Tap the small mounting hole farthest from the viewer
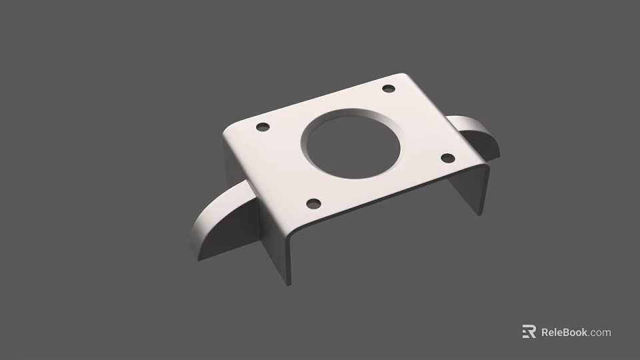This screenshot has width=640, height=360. (389, 89)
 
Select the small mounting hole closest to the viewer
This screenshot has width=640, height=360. (313, 203)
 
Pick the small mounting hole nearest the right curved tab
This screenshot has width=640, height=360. (448, 158)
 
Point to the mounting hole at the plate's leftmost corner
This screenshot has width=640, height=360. (263, 127)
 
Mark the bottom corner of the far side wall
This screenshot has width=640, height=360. (479, 214)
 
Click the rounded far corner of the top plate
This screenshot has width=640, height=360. (403, 75)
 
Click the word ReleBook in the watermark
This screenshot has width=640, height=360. (564, 332)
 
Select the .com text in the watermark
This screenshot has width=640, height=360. (599, 332)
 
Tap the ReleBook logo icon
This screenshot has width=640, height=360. (529, 331)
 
